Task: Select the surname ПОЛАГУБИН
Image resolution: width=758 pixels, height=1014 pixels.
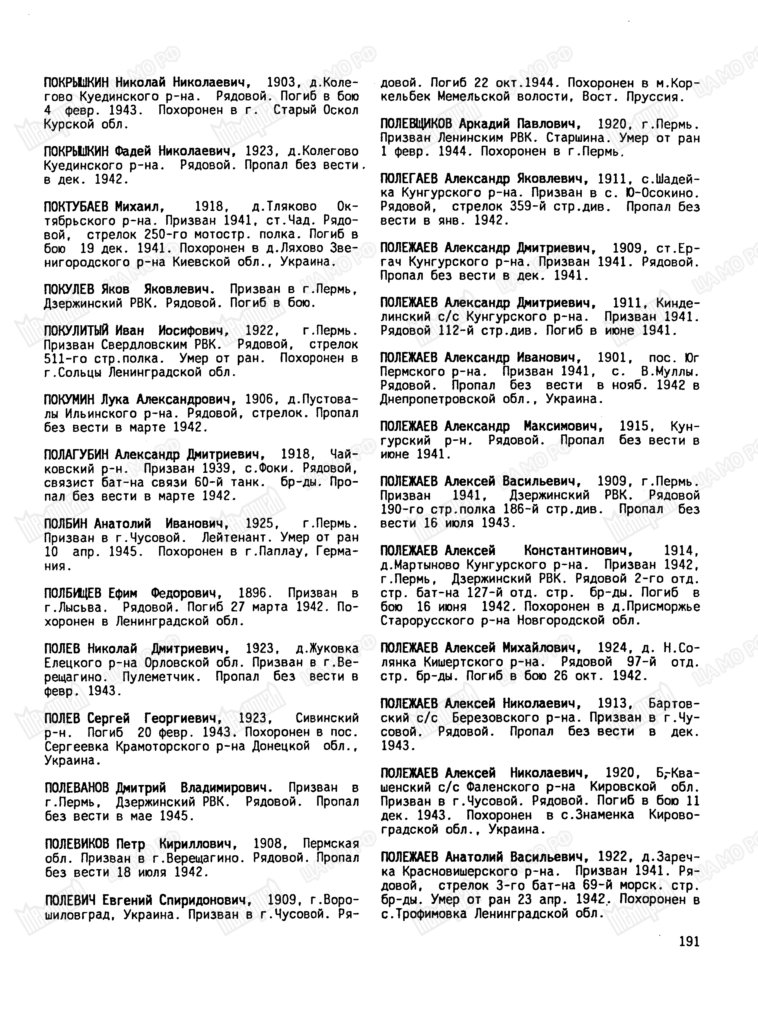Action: pyautogui.click(x=76, y=455)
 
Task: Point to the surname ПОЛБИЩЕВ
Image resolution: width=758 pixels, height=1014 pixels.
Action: pyautogui.click(x=72, y=593)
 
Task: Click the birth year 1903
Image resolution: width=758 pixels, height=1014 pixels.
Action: pyautogui.click(x=282, y=82)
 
